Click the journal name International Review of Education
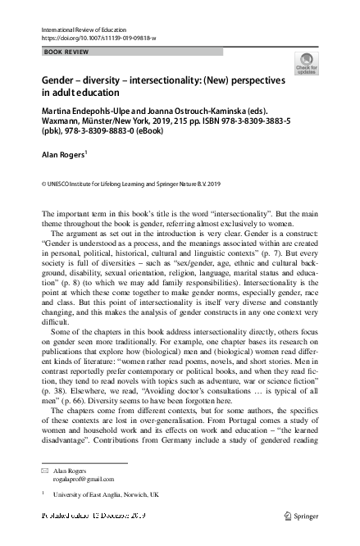click(x=80, y=29)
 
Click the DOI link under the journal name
click(x=97, y=38)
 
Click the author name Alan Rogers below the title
click(x=62, y=152)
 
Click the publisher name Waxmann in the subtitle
click(x=64, y=118)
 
